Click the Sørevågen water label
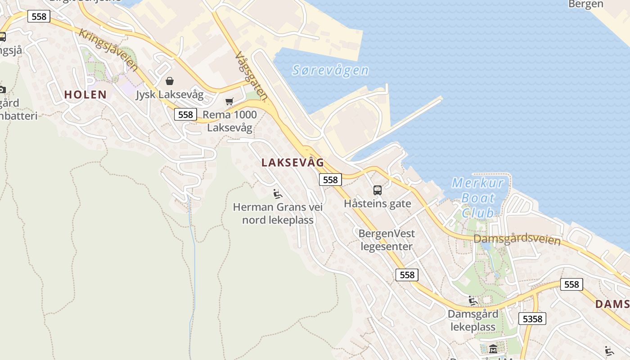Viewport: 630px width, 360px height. click(x=330, y=70)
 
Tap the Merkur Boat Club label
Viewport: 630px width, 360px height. click(x=478, y=198)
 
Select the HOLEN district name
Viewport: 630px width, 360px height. click(x=85, y=94)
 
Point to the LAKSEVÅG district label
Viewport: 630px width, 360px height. click(x=292, y=163)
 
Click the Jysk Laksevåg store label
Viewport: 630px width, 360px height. click(x=170, y=95)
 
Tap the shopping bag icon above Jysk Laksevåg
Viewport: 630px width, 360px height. click(x=170, y=81)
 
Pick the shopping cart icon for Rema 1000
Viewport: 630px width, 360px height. click(x=229, y=101)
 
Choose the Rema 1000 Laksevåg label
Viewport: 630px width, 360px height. click(x=229, y=121)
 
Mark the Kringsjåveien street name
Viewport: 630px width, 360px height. click(x=108, y=49)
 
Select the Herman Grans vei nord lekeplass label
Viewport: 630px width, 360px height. click(x=278, y=214)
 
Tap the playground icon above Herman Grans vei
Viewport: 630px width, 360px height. click(x=278, y=194)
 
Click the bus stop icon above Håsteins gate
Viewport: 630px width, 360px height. click(x=377, y=190)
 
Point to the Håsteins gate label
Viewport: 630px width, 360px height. click(x=377, y=204)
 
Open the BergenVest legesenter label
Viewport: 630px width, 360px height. click(x=387, y=240)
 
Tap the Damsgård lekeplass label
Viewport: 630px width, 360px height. click(x=473, y=320)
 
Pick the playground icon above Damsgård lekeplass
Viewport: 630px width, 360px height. click(x=472, y=301)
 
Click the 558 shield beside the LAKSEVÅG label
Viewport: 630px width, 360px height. click(x=330, y=180)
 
